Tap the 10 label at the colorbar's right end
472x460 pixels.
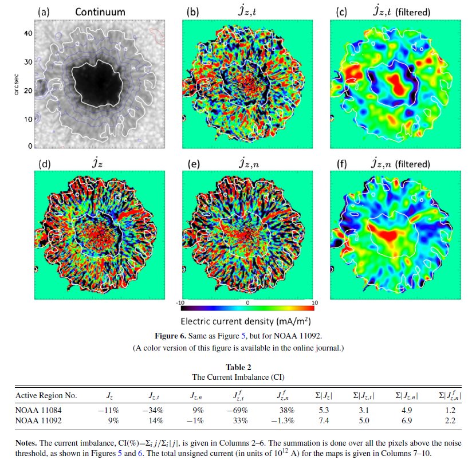314,302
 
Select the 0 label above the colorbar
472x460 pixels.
247,302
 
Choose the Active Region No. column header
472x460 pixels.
46,396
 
